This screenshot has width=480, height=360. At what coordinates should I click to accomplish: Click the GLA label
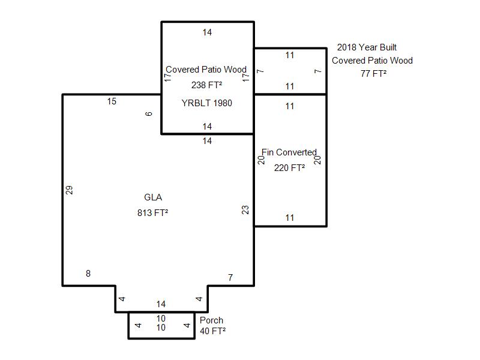(x=153, y=197)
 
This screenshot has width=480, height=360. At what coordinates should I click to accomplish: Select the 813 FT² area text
(x=153, y=212)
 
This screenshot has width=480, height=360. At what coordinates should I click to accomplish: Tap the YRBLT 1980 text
(x=206, y=103)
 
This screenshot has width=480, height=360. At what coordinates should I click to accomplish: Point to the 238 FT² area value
(x=206, y=85)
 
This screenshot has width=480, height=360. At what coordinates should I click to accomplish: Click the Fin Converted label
(x=289, y=152)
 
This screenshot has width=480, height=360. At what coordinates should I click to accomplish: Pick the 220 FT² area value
(x=289, y=168)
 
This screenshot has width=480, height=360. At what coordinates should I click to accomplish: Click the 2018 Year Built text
(x=367, y=47)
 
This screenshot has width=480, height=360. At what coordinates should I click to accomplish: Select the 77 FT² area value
(x=373, y=73)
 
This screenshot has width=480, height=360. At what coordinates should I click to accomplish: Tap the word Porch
(x=211, y=320)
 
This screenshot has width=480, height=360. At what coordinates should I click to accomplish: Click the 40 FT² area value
(x=213, y=331)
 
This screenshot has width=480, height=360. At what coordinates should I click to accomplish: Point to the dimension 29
(x=70, y=190)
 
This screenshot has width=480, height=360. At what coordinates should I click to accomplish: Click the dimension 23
(x=245, y=210)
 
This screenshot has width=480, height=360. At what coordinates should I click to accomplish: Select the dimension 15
(x=112, y=101)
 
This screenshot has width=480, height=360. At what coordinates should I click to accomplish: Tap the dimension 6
(x=148, y=114)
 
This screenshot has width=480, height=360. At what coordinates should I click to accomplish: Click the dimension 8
(x=88, y=274)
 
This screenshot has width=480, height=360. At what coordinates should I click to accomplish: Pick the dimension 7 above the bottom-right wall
(x=230, y=278)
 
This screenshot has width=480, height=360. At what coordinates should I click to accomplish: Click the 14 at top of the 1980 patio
(x=207, y=32)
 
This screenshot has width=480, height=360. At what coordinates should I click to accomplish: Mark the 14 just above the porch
(x=161, y=304)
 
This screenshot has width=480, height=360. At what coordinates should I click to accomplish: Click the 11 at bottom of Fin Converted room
(x=290, y=218)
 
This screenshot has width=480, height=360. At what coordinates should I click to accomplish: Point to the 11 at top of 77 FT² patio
(x=290, y=55)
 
